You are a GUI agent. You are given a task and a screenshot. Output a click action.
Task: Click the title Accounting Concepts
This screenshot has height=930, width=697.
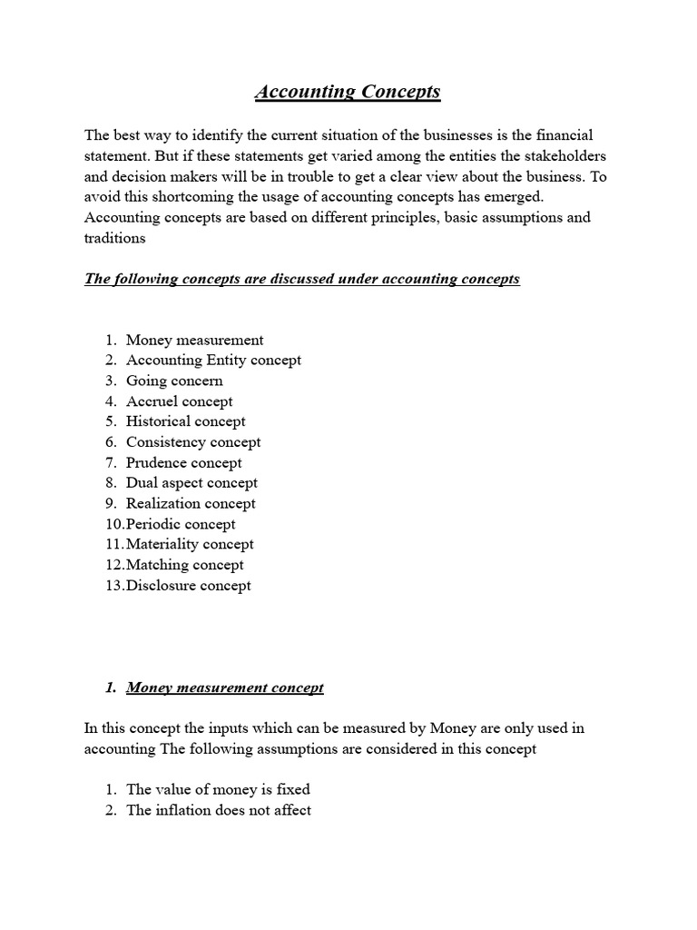(x=348, y=92)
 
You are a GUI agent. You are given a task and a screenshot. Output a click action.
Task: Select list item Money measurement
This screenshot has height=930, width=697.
(x=194, y=340)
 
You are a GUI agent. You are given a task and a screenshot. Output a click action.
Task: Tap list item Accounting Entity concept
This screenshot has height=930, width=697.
(x=213, y=360)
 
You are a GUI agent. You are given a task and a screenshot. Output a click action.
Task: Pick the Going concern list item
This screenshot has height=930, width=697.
(x=174, y=381)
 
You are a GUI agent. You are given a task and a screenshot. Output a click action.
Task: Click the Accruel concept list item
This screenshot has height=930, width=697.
(x=179, y=401)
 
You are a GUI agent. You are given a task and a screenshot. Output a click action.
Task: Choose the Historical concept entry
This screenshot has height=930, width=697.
(x=185, y=421)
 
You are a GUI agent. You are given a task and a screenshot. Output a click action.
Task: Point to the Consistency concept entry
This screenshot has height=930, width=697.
(x=193, y=441)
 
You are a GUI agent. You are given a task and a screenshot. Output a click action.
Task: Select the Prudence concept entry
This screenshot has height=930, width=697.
(x=183, y=462)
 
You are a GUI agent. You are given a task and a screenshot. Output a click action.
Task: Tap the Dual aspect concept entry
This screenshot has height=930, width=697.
(x=191, y=482)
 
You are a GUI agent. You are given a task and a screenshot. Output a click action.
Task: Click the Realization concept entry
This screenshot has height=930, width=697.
(x=191, y=503)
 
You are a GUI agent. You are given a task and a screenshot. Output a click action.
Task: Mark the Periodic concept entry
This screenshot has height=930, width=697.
(x=181, y=524)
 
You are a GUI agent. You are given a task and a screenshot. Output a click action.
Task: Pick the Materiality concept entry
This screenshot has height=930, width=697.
(x=190, y=544)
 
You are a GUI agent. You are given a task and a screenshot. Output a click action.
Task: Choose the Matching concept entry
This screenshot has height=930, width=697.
(x=185, y=565)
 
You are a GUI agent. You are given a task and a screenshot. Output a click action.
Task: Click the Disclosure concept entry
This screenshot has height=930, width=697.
(x=189, y=585)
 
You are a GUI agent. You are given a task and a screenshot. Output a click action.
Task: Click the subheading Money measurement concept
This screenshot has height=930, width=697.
(x=224, y=688)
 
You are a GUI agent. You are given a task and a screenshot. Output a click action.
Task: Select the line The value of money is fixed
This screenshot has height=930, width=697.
(x=218, y=789)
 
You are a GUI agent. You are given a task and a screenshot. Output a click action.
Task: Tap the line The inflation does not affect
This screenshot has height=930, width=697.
(x=219, y=810)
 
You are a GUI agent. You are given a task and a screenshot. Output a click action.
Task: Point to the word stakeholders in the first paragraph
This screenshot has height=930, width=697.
(x=561, y=156)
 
